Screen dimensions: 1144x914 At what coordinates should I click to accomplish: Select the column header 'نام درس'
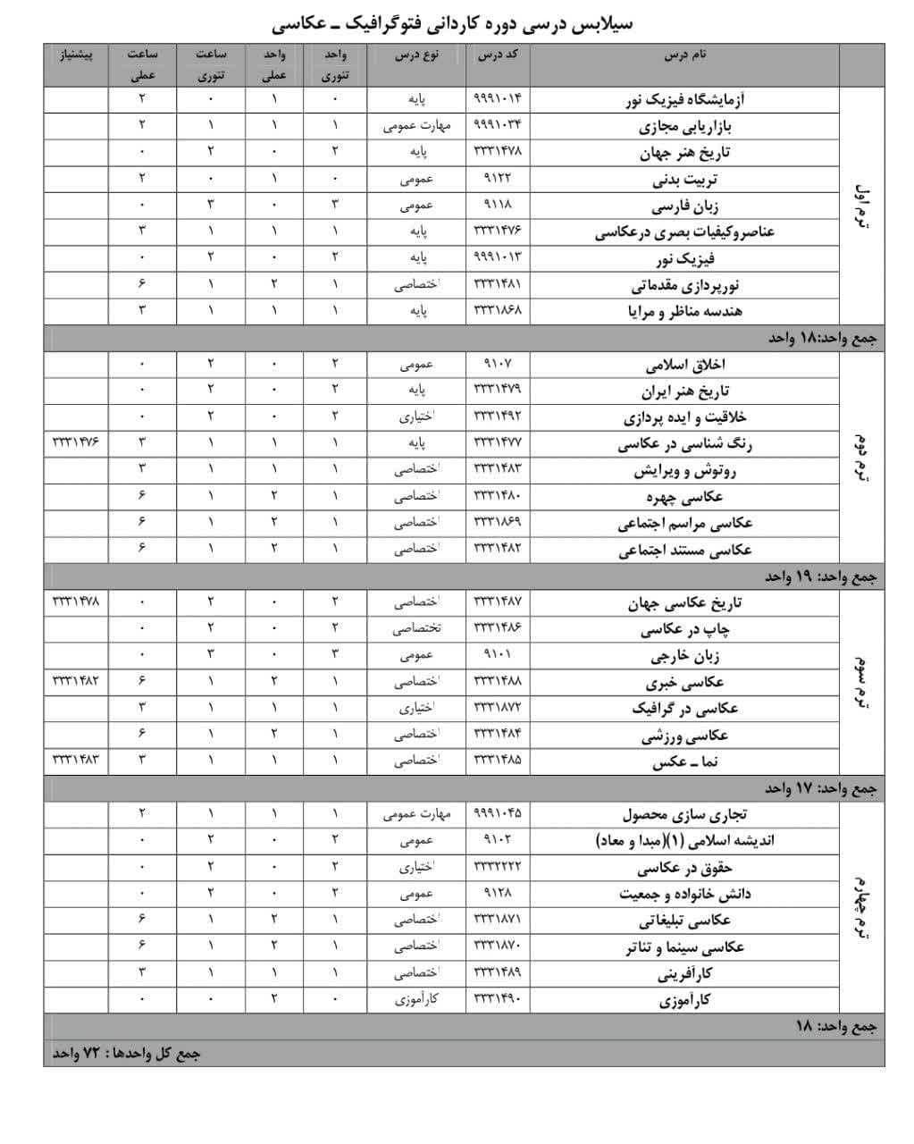(x=685, y=55)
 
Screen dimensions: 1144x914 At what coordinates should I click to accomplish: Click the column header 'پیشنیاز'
(x=76, y=55)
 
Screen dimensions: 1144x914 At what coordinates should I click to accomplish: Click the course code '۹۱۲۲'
(x=497, y=179)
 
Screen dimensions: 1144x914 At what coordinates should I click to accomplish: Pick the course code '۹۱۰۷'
(x=497, y=364)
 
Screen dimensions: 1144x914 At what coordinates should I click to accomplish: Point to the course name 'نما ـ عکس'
(x=685, y=762)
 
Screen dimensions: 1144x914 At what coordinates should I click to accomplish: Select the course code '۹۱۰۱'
(x=497, y=654)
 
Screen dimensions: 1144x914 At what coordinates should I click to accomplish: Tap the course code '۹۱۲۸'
(x=497, y=893)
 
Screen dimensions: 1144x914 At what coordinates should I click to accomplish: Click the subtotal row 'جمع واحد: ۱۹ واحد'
(x=821, y=577)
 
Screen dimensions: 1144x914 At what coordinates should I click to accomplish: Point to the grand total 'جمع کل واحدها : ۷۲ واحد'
(x=126, y=1053)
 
